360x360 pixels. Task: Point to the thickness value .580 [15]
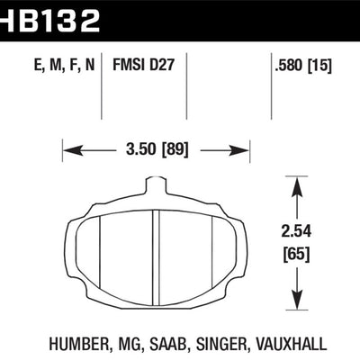[x=301, y=65]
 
